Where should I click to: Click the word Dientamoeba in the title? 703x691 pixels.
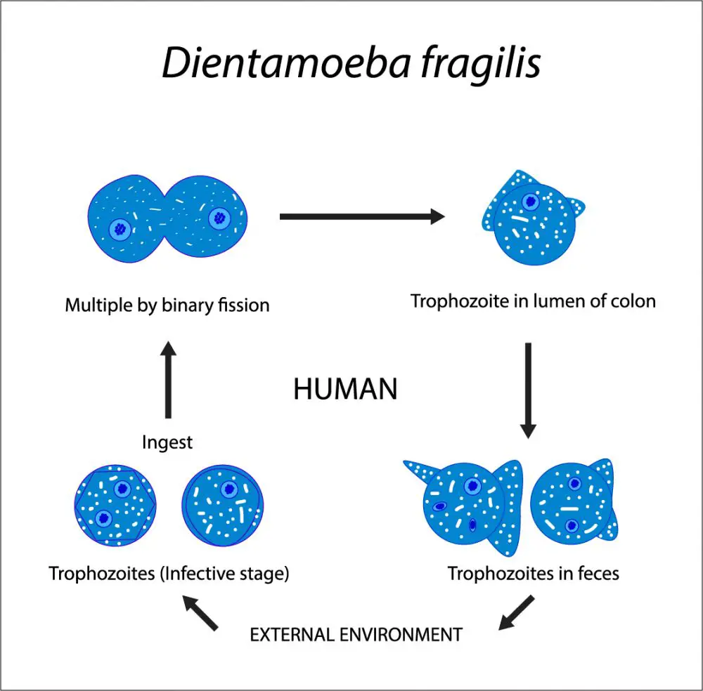coord(286,63)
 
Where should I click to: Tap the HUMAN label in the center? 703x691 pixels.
coord(345,389)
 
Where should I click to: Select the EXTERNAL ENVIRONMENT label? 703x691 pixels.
coord(356,635)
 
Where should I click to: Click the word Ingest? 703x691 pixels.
coord(167,442)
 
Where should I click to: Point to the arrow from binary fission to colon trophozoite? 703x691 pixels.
coord(362,216)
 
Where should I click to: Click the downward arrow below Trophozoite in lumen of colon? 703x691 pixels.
coord(528,390)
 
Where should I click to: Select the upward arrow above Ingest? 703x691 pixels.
coord(168,379)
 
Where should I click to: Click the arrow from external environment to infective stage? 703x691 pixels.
coord(200,612)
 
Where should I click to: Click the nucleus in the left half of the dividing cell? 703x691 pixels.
coord(120,230)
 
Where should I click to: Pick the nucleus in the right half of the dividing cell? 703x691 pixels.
coord(219,218)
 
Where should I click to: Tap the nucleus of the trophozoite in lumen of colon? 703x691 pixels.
coord(531,202)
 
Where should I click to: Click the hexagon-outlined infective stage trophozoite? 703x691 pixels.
coord(116,505)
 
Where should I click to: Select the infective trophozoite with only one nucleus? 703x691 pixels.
coord(222,505)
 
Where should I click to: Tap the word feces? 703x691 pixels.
coord(598,574)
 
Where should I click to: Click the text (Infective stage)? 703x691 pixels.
coord(225,574)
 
